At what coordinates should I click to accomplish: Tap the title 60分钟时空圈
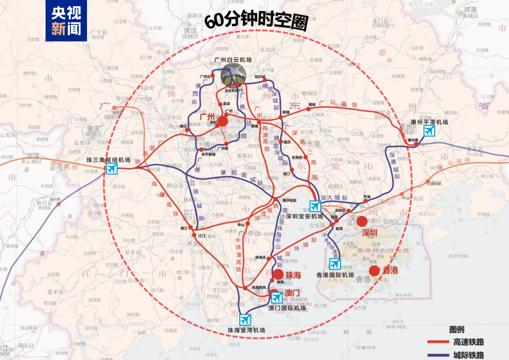[256, 21]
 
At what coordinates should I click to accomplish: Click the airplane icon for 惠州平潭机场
[429, 132]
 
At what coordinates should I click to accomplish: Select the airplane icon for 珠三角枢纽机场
[112, 169]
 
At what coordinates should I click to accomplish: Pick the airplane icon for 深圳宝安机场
[315, 206]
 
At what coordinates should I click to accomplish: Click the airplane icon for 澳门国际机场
[277, 297]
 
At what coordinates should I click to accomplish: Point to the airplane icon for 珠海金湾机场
[245, 319]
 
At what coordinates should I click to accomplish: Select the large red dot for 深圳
[362, 221]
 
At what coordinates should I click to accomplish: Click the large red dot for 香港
[374, 270]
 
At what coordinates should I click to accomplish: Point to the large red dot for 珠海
[278, 275]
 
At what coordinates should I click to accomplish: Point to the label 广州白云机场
[233, 60]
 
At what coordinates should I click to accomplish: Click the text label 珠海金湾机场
[246, 330]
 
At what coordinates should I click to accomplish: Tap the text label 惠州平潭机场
[428, 122]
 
